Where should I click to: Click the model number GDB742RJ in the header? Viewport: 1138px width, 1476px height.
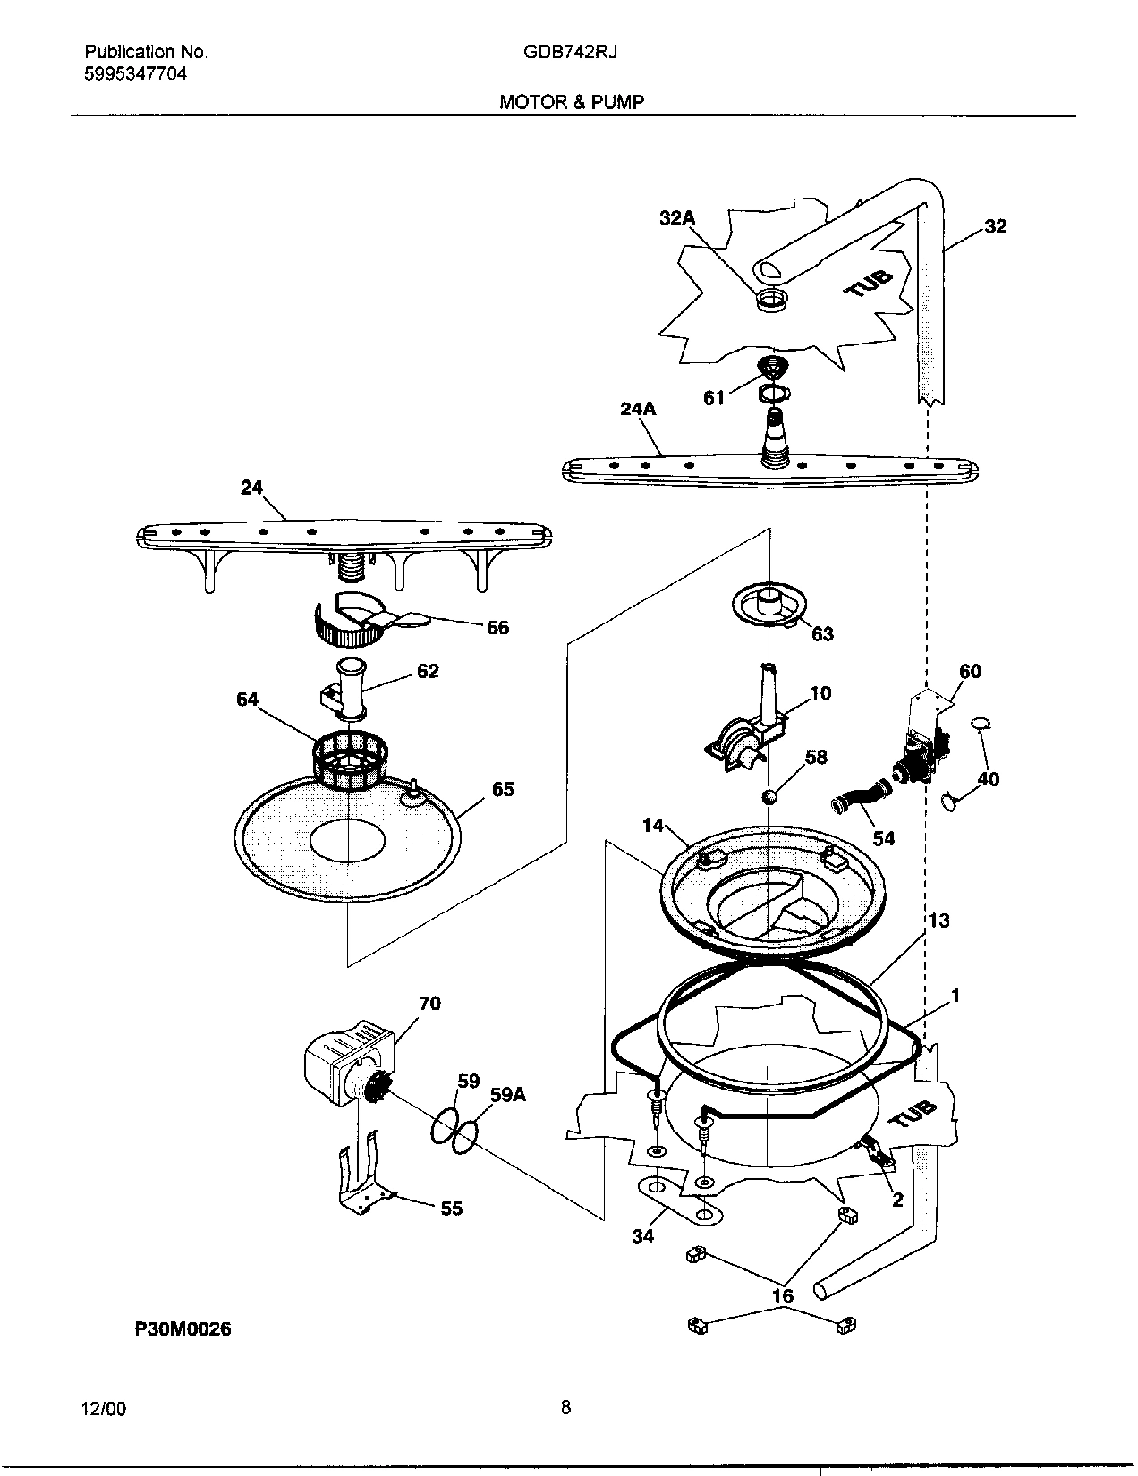click(x=571, y=52)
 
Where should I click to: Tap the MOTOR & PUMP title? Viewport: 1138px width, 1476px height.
click(x=571, y=102)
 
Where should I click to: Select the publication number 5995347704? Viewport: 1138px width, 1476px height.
click(x=135, y=74)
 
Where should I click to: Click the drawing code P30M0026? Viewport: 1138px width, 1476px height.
click(x=183, y=1329)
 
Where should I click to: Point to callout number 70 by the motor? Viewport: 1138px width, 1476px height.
click(x=429, y=1004)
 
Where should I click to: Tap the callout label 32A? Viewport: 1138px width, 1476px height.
click(x=677, y=217)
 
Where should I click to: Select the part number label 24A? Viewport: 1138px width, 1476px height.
click(x=638, y=409)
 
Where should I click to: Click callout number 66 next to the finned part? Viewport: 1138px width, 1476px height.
click(x=497, y=628)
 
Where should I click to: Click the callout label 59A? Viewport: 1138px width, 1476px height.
click(x=507, y=1094)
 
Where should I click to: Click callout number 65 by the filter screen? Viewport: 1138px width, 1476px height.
click(x=503, y=789)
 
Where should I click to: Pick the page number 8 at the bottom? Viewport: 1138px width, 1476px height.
click(x=565, y=1408)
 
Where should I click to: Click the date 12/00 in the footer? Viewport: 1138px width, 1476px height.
click(x=104, y=1410)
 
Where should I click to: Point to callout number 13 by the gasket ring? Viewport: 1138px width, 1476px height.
click(x=938, y=920)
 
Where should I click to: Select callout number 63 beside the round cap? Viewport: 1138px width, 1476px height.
click(x=822, y=634)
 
